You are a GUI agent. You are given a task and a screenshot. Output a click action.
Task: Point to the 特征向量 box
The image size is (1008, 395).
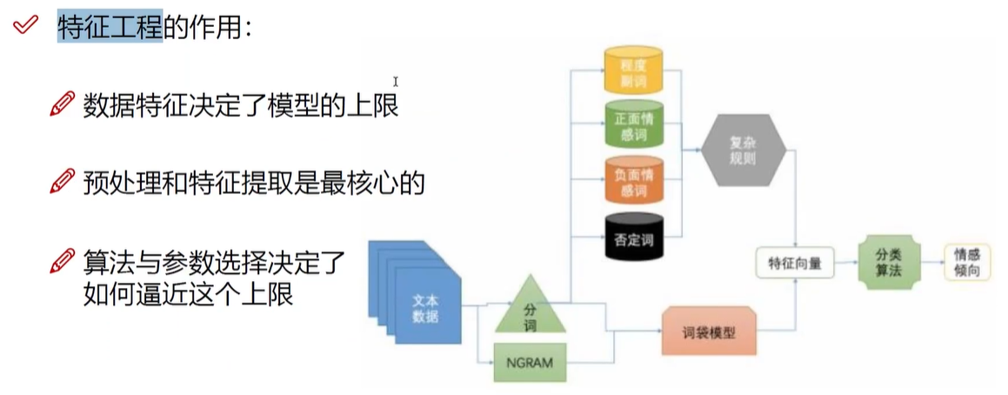pos(795,260)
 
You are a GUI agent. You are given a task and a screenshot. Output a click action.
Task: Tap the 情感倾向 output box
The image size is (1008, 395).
pos(970,260)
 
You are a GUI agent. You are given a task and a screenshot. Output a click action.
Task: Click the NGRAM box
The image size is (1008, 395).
pos(531,362)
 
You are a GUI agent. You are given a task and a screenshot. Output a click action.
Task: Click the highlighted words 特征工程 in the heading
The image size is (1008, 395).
pos(110,28)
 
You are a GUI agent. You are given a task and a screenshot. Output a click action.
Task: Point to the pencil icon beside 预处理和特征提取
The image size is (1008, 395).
pos(63,182)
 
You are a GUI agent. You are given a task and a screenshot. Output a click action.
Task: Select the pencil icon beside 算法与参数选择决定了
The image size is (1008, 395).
pos(63,260)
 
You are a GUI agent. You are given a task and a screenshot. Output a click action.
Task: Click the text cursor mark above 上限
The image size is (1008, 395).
pos(395,82)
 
